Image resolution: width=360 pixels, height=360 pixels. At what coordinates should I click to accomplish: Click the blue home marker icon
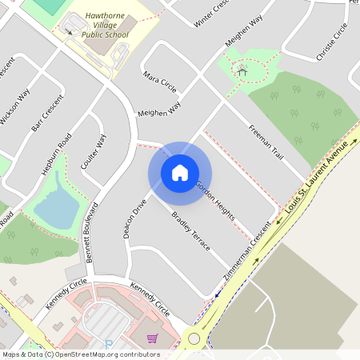[x=180, y=173]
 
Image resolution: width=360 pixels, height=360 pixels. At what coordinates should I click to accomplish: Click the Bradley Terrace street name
[x=191, y=231]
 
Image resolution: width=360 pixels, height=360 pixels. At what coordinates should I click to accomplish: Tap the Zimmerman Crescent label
[x=249, y=254]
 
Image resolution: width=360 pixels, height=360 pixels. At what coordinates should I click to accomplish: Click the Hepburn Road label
[x=56, y=155]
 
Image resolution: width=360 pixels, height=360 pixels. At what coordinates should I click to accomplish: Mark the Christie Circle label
[x=332, y=42]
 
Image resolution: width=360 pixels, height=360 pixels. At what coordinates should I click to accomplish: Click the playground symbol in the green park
[x=241, y=72]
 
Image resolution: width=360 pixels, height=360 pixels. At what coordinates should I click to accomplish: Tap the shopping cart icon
[x=152, y=339]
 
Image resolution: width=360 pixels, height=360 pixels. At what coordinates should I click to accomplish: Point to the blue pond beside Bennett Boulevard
[x=54, y=207]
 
